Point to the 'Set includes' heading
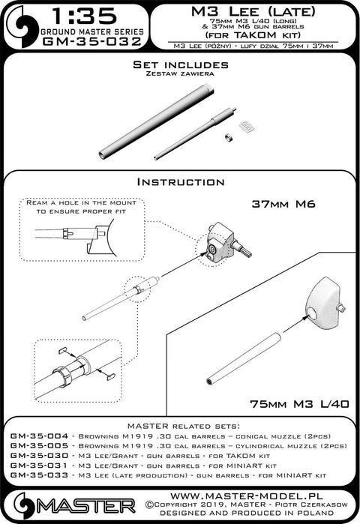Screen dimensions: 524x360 tap(179, 66)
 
